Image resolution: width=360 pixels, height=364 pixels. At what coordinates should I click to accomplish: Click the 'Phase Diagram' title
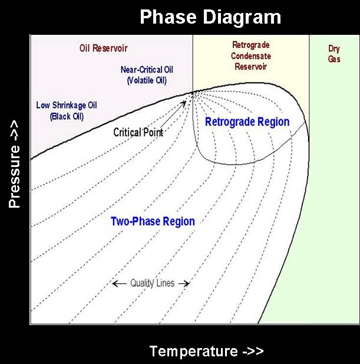[x=210, y=17]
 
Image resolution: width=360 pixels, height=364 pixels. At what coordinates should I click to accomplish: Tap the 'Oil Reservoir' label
[x=103, y=48]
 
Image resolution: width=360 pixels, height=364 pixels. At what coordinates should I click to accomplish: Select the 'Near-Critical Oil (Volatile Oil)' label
[x=147, y=75]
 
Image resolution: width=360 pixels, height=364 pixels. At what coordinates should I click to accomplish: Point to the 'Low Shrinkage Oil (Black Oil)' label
[x=67, y=111]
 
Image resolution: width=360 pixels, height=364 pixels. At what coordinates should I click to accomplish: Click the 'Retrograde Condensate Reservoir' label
[x=251, y=55]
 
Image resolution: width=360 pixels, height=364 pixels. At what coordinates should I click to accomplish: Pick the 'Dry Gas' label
[x=334, y=54]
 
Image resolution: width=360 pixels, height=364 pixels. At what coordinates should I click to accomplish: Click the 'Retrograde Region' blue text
[x=247, y=122]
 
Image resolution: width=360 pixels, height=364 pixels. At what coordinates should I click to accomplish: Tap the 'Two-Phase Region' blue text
[x=153, y=221]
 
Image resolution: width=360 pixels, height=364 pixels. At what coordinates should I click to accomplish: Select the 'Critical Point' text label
[x=138, y=133]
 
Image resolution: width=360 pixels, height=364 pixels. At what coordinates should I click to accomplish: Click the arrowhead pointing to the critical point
[x=184, y=103]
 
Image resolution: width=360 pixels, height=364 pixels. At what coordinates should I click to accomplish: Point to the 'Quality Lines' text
[x=152, y=283]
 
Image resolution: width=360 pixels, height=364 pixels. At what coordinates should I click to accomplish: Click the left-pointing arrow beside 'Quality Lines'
[x=119, y=283]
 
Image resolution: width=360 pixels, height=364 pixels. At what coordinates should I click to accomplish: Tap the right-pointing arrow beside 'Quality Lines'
[x=184, y=283]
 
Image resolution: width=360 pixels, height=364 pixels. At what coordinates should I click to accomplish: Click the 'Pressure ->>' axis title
[x=14, y=163]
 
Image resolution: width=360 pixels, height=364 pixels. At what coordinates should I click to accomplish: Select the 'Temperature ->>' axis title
[x=207, y=351]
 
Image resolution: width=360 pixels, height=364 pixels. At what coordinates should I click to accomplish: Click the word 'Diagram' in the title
[x=242, y=17]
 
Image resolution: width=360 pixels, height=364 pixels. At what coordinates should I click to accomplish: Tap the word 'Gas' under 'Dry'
[x=334, y=59]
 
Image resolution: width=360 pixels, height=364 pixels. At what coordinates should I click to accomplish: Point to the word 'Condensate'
[x=251, y=56]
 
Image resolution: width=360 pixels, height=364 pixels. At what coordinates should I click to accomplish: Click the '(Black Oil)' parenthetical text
[x=67, y=116]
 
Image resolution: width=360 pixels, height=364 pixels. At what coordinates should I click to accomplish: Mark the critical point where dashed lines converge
[x=193, y=93]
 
